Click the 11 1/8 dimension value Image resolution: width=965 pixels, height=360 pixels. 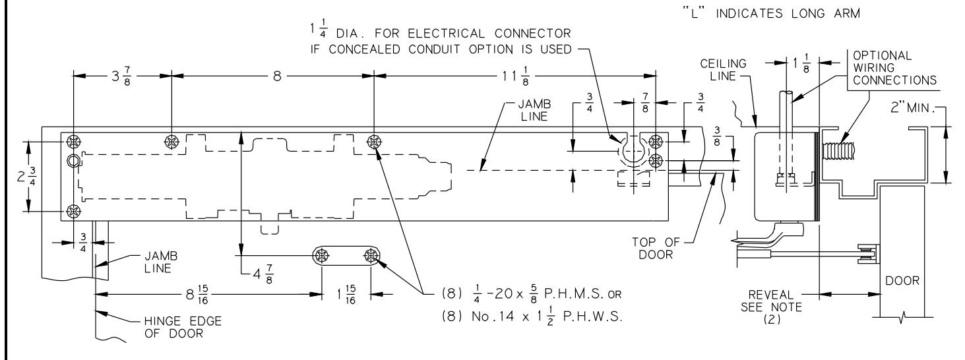pos(516,76)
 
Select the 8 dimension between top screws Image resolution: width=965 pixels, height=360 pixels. pos(277,76)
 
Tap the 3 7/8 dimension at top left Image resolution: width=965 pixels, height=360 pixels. pos(121,76)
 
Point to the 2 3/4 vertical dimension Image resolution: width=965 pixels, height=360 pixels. pos(26,177)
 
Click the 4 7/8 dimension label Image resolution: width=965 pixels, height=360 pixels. pos(263,274)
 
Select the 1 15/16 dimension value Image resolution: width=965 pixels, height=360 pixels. pos(346,295)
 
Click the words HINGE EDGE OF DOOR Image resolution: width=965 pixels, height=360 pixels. pos(183,327)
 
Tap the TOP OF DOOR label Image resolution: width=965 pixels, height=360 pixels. pos(656,249)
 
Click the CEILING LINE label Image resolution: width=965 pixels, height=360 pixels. pos(723,70)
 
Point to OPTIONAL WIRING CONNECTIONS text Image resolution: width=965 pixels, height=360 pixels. pos(894,68)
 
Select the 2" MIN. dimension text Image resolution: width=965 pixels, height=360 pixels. pos(912,107)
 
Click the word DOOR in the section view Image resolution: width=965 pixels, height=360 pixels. pos(902,281)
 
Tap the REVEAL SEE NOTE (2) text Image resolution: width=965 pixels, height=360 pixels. pos(771,307)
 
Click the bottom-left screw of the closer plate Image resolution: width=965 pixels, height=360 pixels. pos(74,212)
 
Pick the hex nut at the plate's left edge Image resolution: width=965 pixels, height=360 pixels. pos(73,161)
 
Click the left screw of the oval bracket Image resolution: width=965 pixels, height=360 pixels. pos(321,256)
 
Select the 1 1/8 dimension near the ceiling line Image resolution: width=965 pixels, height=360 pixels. pos(801,63)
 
